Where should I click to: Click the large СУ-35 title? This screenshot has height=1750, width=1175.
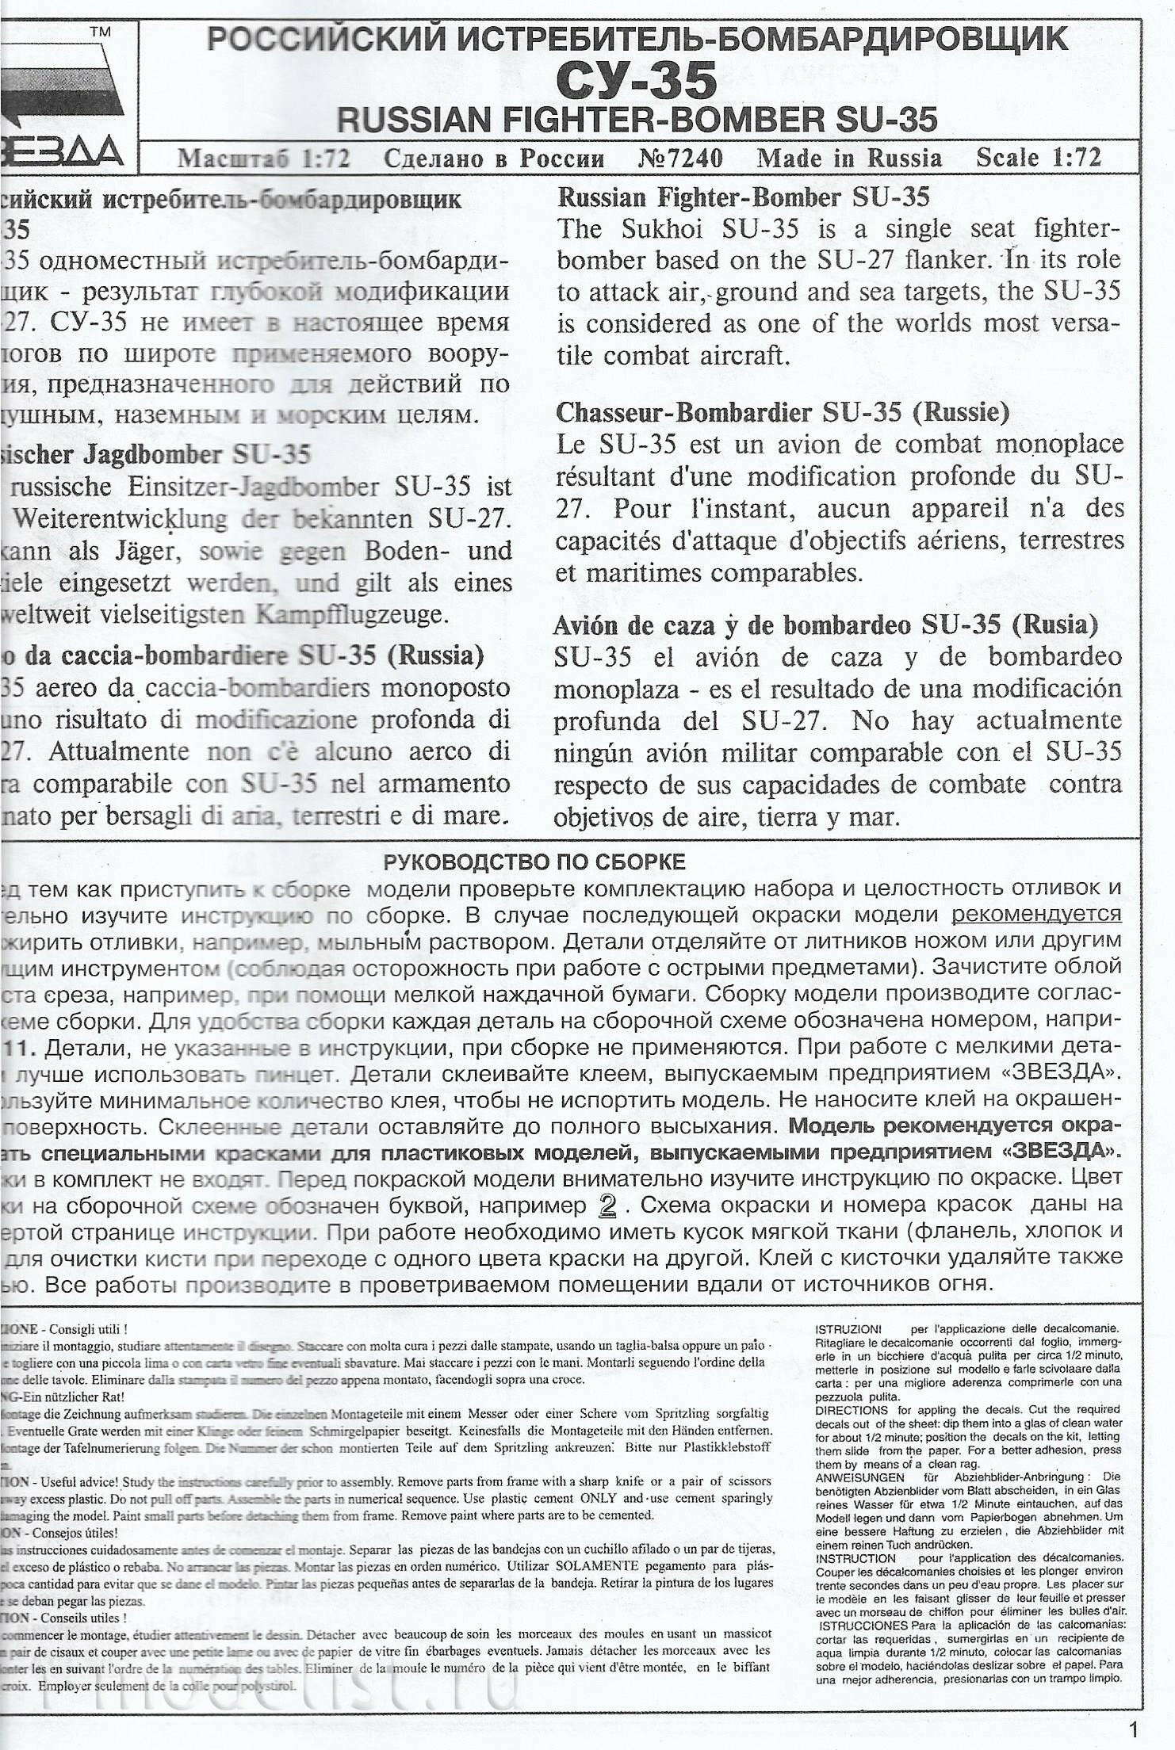click(636, 79)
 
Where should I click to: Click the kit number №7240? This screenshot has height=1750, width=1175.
click(679, 159)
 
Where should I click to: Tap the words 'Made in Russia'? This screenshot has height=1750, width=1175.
click(849, 159)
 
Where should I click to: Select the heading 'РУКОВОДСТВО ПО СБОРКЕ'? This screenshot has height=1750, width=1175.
click(534, 862)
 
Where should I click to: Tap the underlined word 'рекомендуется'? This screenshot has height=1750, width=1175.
click(1036, 915)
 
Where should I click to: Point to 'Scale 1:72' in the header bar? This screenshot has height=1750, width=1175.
click(1039, 158)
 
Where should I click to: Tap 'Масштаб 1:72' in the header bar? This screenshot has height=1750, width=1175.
click(264, 159)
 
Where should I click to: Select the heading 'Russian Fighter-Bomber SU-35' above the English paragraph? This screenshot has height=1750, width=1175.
click(744, 197)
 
